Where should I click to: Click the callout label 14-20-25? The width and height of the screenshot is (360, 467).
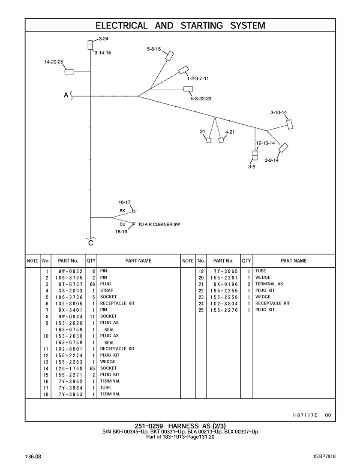click(x=54, y=62)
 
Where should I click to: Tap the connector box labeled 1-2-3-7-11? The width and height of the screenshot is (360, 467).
click(x=184, y=70)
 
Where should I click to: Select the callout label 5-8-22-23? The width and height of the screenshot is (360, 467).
click(x=201, y=99)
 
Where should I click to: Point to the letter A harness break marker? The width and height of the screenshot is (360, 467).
click(x=66, y=96)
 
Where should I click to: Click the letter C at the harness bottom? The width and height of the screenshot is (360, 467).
click(x=90, y=244)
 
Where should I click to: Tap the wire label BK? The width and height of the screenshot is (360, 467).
click(x=122, y=211)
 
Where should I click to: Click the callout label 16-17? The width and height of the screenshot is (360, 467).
click(x=124, y=202)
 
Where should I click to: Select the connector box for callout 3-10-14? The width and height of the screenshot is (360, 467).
click(x=290, y=124)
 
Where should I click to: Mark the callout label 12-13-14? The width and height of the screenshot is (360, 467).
click(x=265, y=143)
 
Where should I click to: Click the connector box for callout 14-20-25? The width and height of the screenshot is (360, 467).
click(x=69, y=71)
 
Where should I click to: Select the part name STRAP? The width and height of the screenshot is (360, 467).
click(x=107, y=291)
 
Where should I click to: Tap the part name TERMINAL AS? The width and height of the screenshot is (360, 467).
click(x=269, y=284)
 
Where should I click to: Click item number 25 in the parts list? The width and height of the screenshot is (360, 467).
click(x=201, y=310)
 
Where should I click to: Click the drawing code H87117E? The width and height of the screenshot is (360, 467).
click(x=305, y=415)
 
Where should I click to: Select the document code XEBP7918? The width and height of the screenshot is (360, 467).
click(x=324, y=457)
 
